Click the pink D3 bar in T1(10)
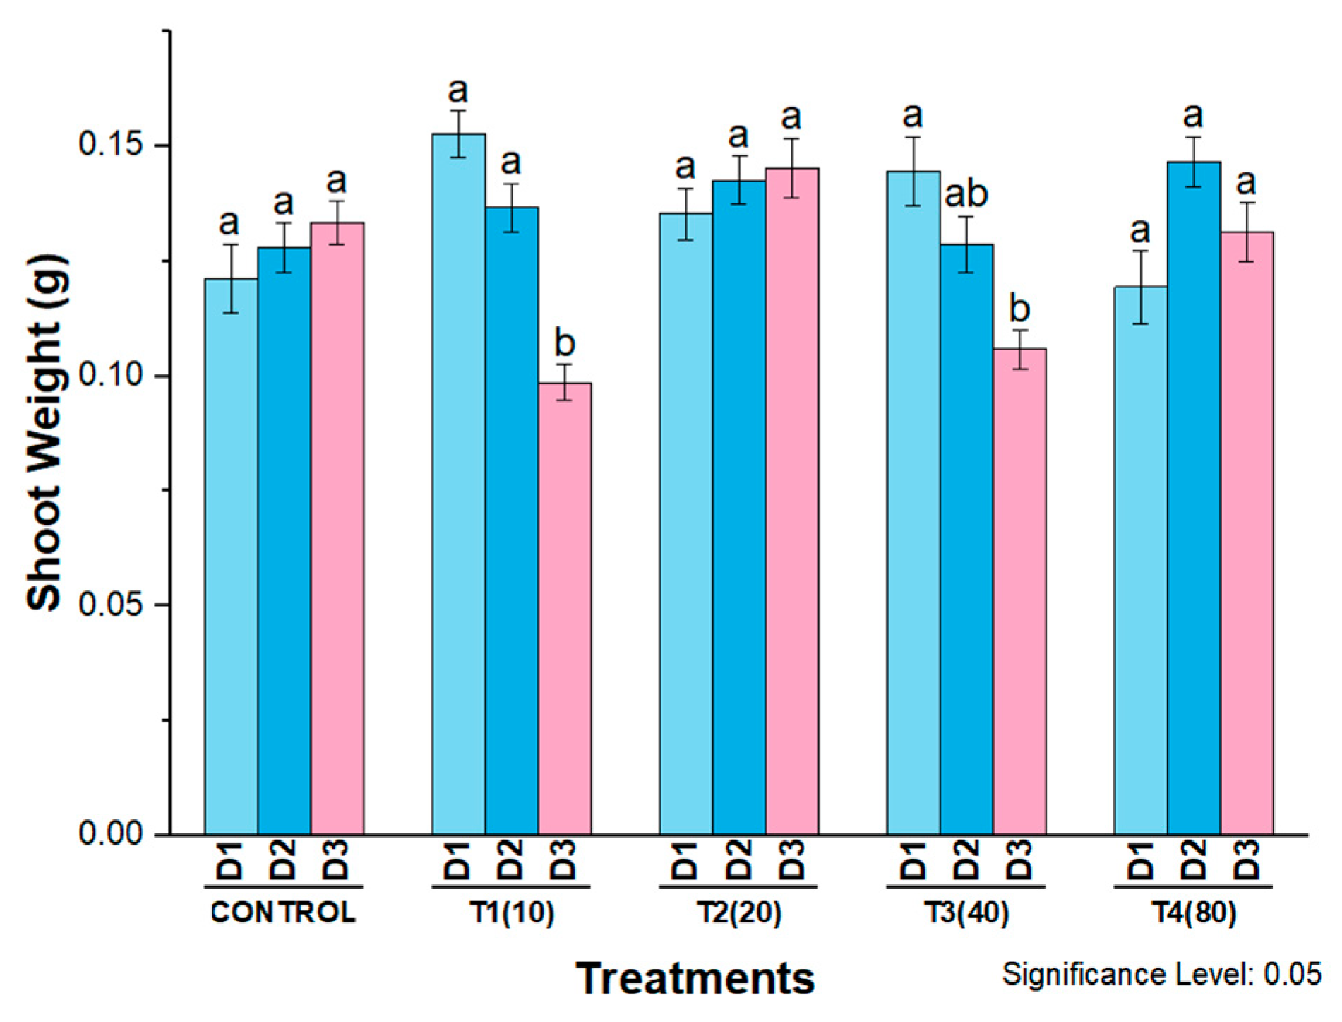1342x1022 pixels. point(565,607)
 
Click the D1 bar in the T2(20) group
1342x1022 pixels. point(685,523)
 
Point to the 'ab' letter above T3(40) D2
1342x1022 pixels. point(966,194)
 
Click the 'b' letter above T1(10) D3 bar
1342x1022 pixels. point(565,344)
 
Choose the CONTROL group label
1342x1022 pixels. point(284,913)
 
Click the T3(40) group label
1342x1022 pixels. point(966,913)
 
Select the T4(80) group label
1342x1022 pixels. point(1194,913)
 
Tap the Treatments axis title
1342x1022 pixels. point(695,979)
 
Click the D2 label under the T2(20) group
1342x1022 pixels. point(739,859)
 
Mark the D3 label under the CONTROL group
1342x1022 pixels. point(337,859)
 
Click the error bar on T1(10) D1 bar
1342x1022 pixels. point(459,133)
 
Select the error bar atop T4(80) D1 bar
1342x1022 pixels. point(1141,287)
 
